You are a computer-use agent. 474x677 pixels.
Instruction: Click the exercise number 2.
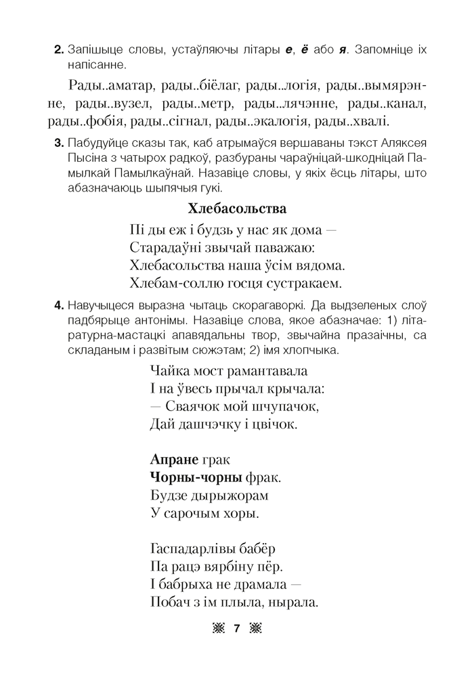58,51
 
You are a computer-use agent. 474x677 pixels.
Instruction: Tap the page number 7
236,629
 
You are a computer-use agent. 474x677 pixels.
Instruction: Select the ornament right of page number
255,629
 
